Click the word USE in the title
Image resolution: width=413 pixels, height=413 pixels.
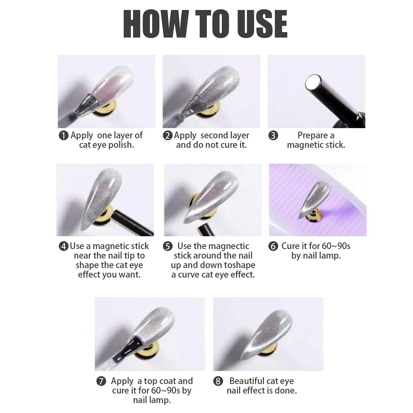point(262,24)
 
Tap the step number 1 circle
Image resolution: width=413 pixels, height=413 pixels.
point(63,135)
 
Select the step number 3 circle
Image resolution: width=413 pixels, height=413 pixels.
point(273,135)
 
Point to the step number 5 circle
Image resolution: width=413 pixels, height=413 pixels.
point(168,246)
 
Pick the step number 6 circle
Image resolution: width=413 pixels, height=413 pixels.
point(273,246)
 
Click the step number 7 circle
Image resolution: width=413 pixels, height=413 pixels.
point(101,381)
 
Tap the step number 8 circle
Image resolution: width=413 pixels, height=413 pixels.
point(218,381)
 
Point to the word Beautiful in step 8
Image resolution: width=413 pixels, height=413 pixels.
point(247,381)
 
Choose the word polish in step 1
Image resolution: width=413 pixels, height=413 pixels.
point(121,145)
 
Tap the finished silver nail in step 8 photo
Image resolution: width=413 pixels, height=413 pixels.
point(267,333)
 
